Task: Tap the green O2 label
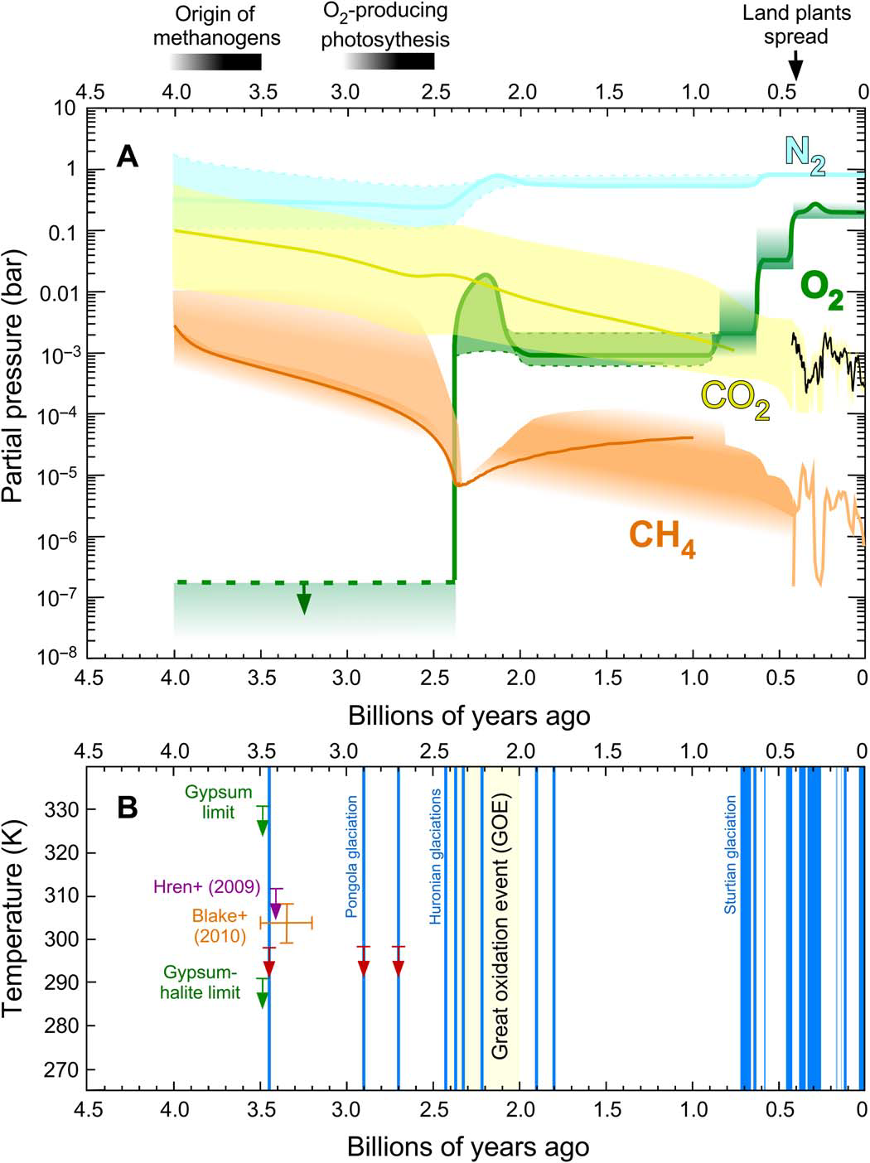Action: [x=821, y=292]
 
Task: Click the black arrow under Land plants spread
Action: [x=795, y=64]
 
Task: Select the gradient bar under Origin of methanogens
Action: [x=216, y=62]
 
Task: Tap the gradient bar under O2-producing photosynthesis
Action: [x=389, y=62]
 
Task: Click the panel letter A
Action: [x=127, y=156]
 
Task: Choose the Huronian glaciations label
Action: [x=436, y=856]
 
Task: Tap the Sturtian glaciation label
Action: [x=730, y=854]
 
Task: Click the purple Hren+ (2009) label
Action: [x=206, y=886]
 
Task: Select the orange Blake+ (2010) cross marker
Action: [x=286, y=922]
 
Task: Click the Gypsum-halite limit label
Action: [x=201, y=982]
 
